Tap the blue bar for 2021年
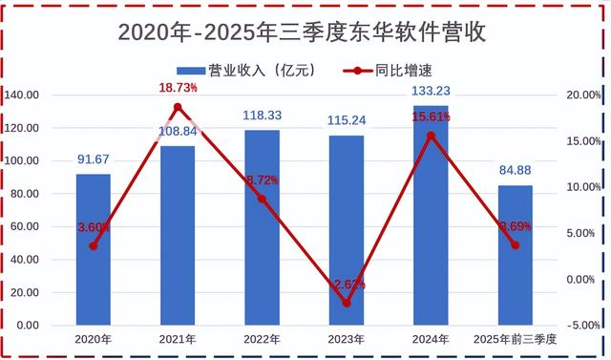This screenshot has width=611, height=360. pyautogui.click(x=177, y=236)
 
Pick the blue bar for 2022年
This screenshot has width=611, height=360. pyautogui.click(x=262, y=228)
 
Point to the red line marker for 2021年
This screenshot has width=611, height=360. pyautogui.click(x=177, y=106)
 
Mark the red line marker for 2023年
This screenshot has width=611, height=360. pyautogui.click(x=346, y=304)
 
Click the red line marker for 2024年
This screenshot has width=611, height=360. pyautogui.click(x=431, y=136)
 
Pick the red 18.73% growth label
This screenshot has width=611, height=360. pyautogui.click(x=178, y=88)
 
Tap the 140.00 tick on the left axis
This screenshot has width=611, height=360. pyautogui.click(x=23, y=95)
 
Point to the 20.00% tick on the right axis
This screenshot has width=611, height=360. pyautogui.click(x=583, y=95)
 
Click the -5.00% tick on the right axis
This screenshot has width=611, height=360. pyautogui.click(x=583, y=325)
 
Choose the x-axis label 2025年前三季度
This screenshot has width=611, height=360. pyautogui.click(x=515, y=339)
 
